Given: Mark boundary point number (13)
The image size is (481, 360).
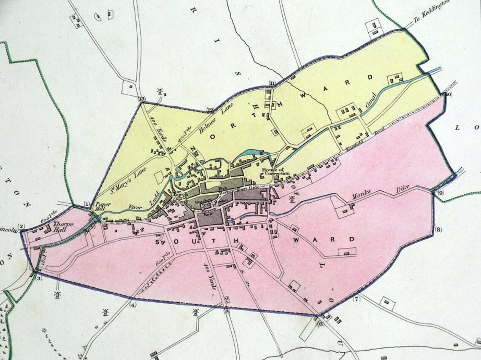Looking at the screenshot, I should click(142, 99).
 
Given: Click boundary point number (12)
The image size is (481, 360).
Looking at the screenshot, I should click(211, 110).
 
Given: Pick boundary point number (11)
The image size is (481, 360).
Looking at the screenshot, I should click(272, 83).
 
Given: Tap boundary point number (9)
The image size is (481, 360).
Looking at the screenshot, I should click(440, 193).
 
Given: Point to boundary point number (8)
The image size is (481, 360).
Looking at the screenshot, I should click(438, 230).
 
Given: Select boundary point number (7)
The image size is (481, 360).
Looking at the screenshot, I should click(357, 299).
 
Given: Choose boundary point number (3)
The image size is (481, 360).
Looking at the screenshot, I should click(39, 278).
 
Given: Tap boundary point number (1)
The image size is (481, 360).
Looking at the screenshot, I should click(87, 204).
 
